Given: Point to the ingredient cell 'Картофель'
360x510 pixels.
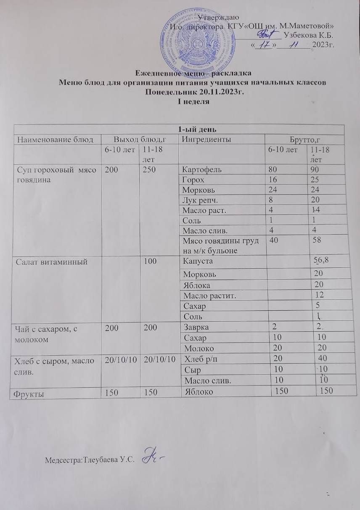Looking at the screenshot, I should pyautogui.click(x=199, y=170).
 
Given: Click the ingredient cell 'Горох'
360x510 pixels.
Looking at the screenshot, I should pyautogui.click(x=193, y=180).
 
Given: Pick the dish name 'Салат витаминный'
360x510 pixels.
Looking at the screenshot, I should pyautogui.click(x=52, y=262).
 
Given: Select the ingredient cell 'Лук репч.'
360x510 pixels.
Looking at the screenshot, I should pyautogui.click(x=196, y=200).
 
